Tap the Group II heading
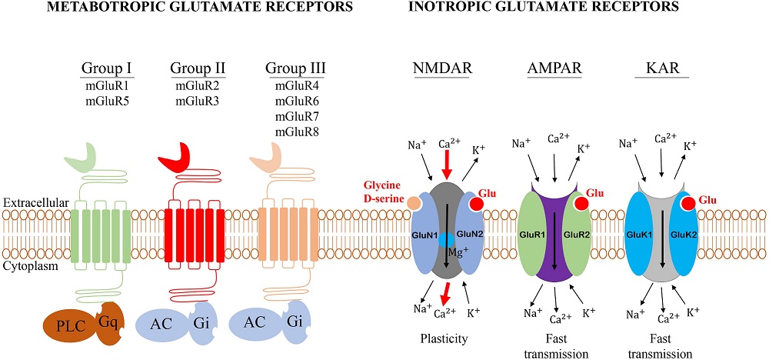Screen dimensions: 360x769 191,69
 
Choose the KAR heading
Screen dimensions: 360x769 661,69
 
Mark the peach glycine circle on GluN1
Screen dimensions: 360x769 414,203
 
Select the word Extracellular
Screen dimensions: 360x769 35,203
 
